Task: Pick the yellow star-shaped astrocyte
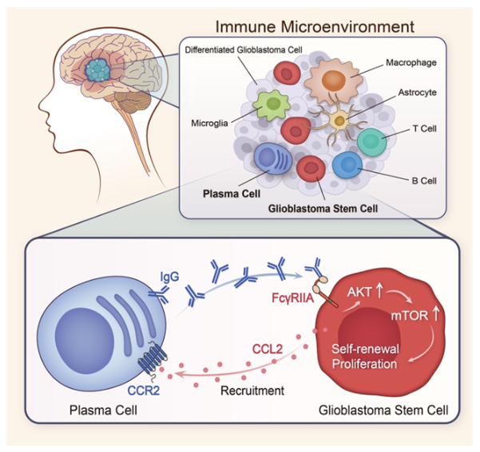coord(339,121)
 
